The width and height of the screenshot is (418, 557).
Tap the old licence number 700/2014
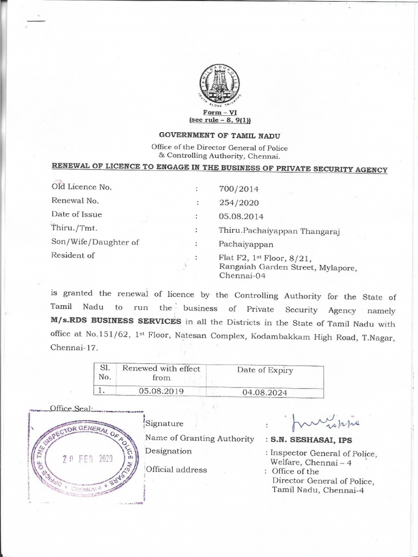coord(238,189)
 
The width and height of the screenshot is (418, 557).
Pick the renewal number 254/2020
coord(238,203)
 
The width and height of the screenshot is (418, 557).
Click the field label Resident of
coord(73,255)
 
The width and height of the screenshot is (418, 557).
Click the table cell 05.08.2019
coord(161,391)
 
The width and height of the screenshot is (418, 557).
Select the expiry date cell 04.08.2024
coord(265,392)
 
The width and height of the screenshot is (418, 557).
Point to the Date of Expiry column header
coord(265,370)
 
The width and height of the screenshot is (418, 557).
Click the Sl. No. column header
coord(105,373)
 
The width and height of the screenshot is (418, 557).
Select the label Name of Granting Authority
coord(199,438)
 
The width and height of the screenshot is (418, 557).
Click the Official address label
coord(176,469)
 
